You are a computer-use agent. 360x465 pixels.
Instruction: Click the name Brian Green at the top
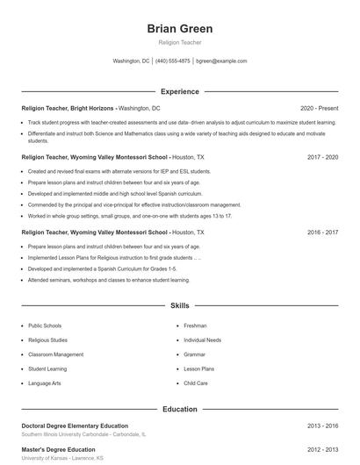pyautogui.click(x=179, y=29)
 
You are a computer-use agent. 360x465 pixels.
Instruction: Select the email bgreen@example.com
pyautogui.click(x=221, y=61)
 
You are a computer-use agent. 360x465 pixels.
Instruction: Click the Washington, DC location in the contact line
pyautogui.click(x=132, y=61)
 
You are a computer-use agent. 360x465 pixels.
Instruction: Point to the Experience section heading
pyautogui.click(x=179, y=91)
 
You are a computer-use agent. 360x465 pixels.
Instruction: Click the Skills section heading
pyautogui.click(x=179, y=306)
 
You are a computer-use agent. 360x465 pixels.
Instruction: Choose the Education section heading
pyautogui.click(x=179, y=409)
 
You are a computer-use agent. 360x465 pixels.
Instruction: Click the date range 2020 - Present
pyautogui.click(x=319, y=108)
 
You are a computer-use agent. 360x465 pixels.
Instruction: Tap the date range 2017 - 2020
pyautogui.click(x=322, y=156)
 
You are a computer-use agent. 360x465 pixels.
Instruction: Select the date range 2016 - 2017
pyautogui.click(x=322, y=232)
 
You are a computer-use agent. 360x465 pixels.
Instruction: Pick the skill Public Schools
pyautogui.click(x=45, y=325)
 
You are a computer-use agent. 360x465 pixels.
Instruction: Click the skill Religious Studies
pyautogui.click(x=47, y=340)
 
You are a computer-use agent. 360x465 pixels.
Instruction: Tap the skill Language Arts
pyautogui.click(x=44, y=383)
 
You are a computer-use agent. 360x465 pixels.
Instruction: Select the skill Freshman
pyautogui.click(x=195, y=325)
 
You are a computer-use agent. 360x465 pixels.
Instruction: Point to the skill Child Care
pyautogui.click(x=196, y=383)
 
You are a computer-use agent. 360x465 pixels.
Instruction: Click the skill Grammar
pyautogui.click(x=194, y=354)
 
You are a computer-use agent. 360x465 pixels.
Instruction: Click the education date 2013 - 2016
pyautogui.click(x=322, y=426)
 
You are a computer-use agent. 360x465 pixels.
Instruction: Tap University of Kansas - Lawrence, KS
pyautogui.click(x=62, y=458)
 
